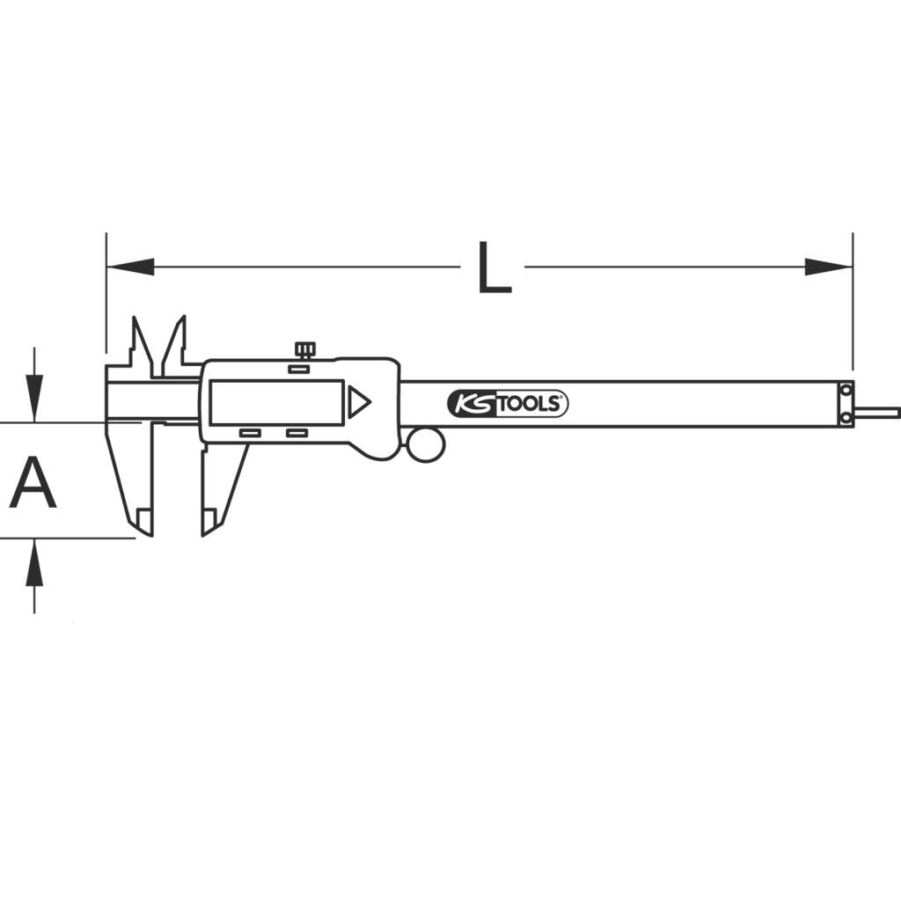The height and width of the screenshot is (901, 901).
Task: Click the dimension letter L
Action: (494, 267)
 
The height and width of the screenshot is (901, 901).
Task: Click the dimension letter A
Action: (33, 483)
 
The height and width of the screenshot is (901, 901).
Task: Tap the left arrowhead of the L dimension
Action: (128, 267)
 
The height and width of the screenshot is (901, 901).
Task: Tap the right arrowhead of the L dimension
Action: (828, 267)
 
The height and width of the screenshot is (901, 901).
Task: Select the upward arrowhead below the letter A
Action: (34, 563)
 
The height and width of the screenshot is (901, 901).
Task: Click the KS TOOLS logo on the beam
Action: (508, 404)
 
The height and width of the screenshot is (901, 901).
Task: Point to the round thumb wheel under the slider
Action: (425, 443)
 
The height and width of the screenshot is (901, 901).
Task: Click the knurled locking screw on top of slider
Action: (305, 349)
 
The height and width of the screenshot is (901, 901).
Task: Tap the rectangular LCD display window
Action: (276, 402)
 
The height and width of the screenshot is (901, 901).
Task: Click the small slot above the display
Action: (299, 369)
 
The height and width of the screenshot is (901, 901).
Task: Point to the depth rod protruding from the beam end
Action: (876, 411)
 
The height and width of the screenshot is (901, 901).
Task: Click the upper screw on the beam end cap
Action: (846, 390)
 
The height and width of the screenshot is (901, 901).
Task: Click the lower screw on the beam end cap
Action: (846, 419)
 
